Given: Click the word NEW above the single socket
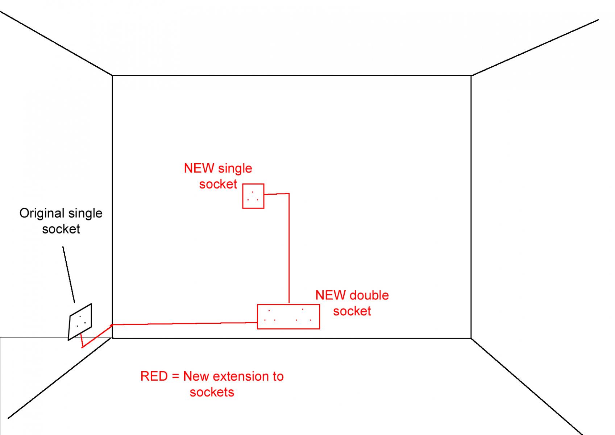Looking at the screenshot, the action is click(x=199, y=168).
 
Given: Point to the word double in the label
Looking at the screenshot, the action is click(x=369, y=295).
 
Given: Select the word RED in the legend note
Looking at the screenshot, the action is click(x=154, y=376).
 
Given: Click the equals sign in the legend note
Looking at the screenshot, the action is click(x=175, y=377).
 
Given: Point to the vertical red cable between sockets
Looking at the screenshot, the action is click(x=289, y=248).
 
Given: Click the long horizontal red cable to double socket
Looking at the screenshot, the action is click(x=184, y=323).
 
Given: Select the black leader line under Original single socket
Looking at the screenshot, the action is click(x=68, y=275).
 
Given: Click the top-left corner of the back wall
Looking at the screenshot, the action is click(x=112, y=75).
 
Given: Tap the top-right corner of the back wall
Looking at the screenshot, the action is click(x=471, y=75).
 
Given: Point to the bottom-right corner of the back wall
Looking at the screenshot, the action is click(x=471, y=338).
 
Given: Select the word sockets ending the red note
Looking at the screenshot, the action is click(x=212, y=392).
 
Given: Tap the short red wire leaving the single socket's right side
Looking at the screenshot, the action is click(x=277, y=194).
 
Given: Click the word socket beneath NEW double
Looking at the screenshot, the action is click(x=352, y=311).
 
